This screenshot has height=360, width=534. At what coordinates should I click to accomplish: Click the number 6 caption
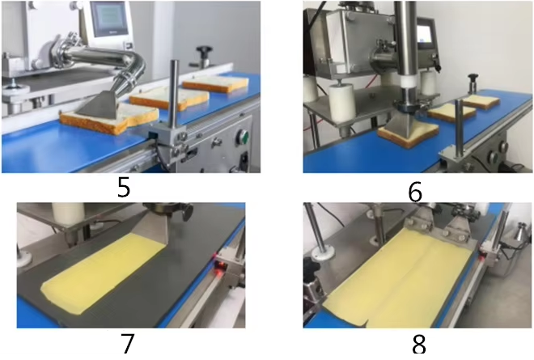(415, 192)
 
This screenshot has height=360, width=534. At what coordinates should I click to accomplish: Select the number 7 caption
(127, 343)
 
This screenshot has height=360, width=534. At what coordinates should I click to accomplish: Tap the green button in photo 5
(240, 135)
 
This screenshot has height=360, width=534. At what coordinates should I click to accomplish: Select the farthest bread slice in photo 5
(215, 83)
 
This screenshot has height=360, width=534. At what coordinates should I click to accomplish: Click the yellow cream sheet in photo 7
(121, 266)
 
